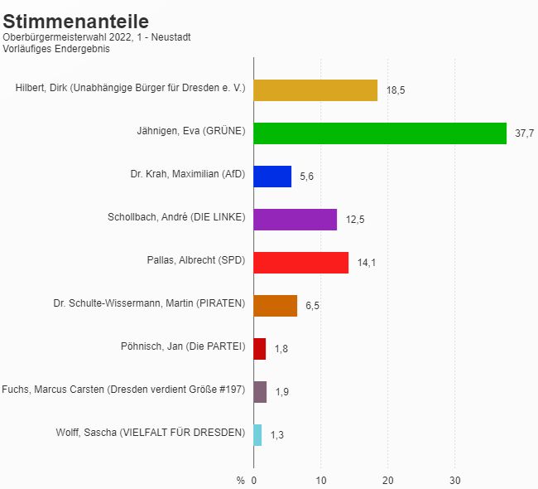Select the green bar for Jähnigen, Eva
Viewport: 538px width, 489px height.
click(x=380, y=133)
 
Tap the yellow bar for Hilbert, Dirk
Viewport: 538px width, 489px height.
click(x=315, y=90)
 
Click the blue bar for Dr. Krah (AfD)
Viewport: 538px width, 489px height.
click(x=272, y=177)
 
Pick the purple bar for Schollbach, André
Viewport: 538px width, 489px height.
click(x=295, y=220)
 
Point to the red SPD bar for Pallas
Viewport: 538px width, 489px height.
click(x=300, y=263)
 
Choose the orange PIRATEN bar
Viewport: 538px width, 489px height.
click(x=276, y=306)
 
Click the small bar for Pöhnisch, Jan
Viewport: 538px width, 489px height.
click(x=260, y=349)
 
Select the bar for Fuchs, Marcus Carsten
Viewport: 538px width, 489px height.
click(x=260, y=392)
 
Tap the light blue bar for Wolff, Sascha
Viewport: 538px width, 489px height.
click(x=257, y=435)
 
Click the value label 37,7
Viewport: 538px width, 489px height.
click(x=524, y=133)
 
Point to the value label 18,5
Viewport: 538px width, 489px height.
click(x=396, y=90)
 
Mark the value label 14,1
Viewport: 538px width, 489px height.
click(x=367, y=263)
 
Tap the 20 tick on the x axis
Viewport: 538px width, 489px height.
click(x=387, y=480)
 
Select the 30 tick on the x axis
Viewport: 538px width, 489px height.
click(x=454, y=480)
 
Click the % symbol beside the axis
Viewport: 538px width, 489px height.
click(x=240, y=480)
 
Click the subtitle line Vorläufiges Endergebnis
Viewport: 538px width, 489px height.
click(x=56, y=49)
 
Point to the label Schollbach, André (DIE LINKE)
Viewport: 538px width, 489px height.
click(x=176, y=217)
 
